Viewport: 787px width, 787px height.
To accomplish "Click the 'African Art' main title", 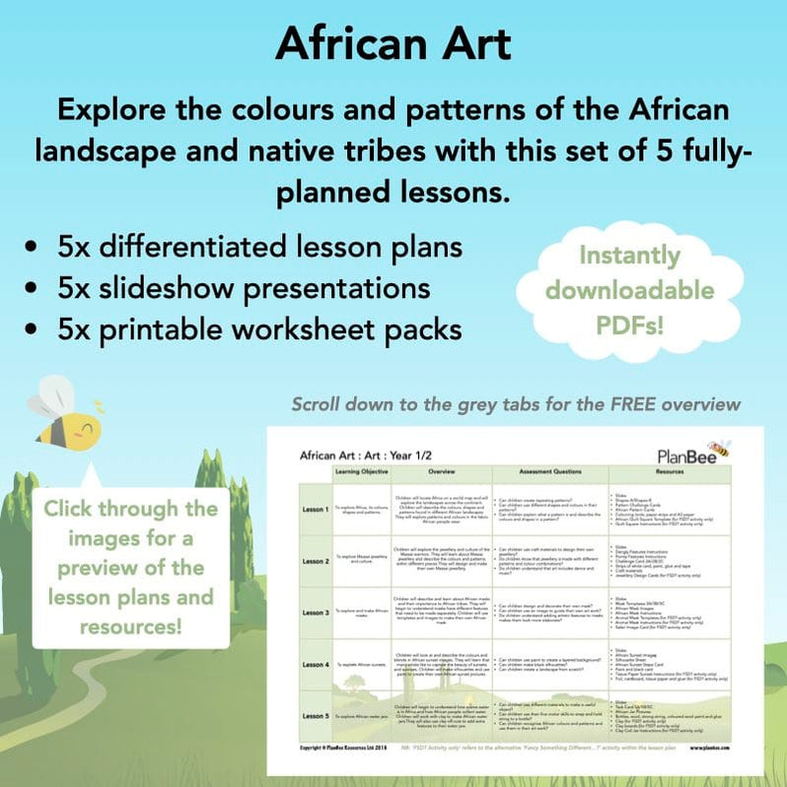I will coord(393,43).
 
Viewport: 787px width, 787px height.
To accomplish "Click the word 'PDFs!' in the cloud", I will coord(630,324).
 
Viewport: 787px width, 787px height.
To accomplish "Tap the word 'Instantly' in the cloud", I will coord(630,255).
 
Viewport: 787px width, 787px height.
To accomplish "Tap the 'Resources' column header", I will coord(669,472).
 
